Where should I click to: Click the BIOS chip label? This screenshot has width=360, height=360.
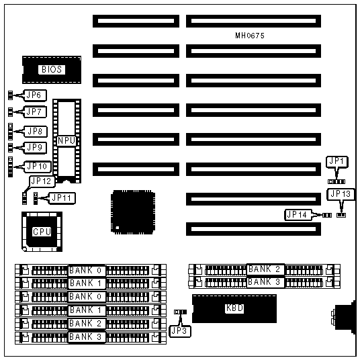[52, 70]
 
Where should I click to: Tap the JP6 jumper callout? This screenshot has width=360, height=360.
[35, 95]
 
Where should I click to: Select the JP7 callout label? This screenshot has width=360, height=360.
[35, 111]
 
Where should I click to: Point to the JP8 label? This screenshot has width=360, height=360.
[36, 132]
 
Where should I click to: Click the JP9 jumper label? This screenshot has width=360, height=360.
[35, 148]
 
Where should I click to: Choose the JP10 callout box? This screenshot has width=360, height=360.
[37, 167]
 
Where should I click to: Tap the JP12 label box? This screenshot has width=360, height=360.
[42, 181]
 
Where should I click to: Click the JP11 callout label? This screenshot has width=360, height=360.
[62, 198]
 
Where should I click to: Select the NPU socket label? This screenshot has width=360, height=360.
[66, 140]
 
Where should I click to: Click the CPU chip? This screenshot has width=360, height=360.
[42, 232]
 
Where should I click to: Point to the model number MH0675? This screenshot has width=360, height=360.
[250, 36]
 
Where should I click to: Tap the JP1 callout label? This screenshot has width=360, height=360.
[336, 162]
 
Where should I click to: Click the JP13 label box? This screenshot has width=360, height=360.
[341, 195]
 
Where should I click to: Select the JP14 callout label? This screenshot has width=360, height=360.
[298, 215]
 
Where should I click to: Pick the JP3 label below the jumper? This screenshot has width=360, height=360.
[180, 331]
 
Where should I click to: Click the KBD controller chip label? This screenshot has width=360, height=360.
[234, 308]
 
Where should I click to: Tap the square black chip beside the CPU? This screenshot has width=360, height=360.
[133, 212]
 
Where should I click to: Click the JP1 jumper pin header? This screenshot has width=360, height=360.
[336, 182]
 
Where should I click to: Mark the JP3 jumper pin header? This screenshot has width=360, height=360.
[180, 312]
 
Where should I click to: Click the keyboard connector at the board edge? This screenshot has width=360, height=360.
[345, 316]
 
